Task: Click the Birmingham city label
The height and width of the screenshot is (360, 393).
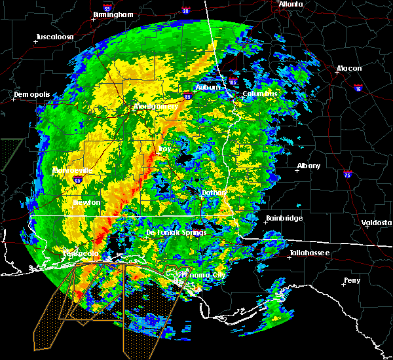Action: [x=114, y=14]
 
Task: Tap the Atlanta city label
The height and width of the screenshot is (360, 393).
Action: [x=291, y=4]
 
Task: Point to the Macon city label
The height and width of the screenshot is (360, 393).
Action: [x=349, y=69]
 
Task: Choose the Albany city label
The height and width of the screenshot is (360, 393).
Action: [x=309, y=166]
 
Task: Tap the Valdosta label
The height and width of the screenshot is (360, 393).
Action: [x=377, y=223]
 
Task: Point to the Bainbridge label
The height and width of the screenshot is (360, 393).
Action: [x=285, y=218]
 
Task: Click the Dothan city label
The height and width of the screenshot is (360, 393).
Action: [x=214, y=192]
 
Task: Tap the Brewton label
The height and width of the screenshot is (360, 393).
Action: [x=86, y=202]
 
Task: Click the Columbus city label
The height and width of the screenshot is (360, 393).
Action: [x=260, y=94]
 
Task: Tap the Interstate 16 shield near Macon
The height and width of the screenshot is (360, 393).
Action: [x=358, y=86]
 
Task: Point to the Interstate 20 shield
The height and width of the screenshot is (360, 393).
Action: [x=185, y=11]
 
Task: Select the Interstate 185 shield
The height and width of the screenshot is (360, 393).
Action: [x=233, y=82]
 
